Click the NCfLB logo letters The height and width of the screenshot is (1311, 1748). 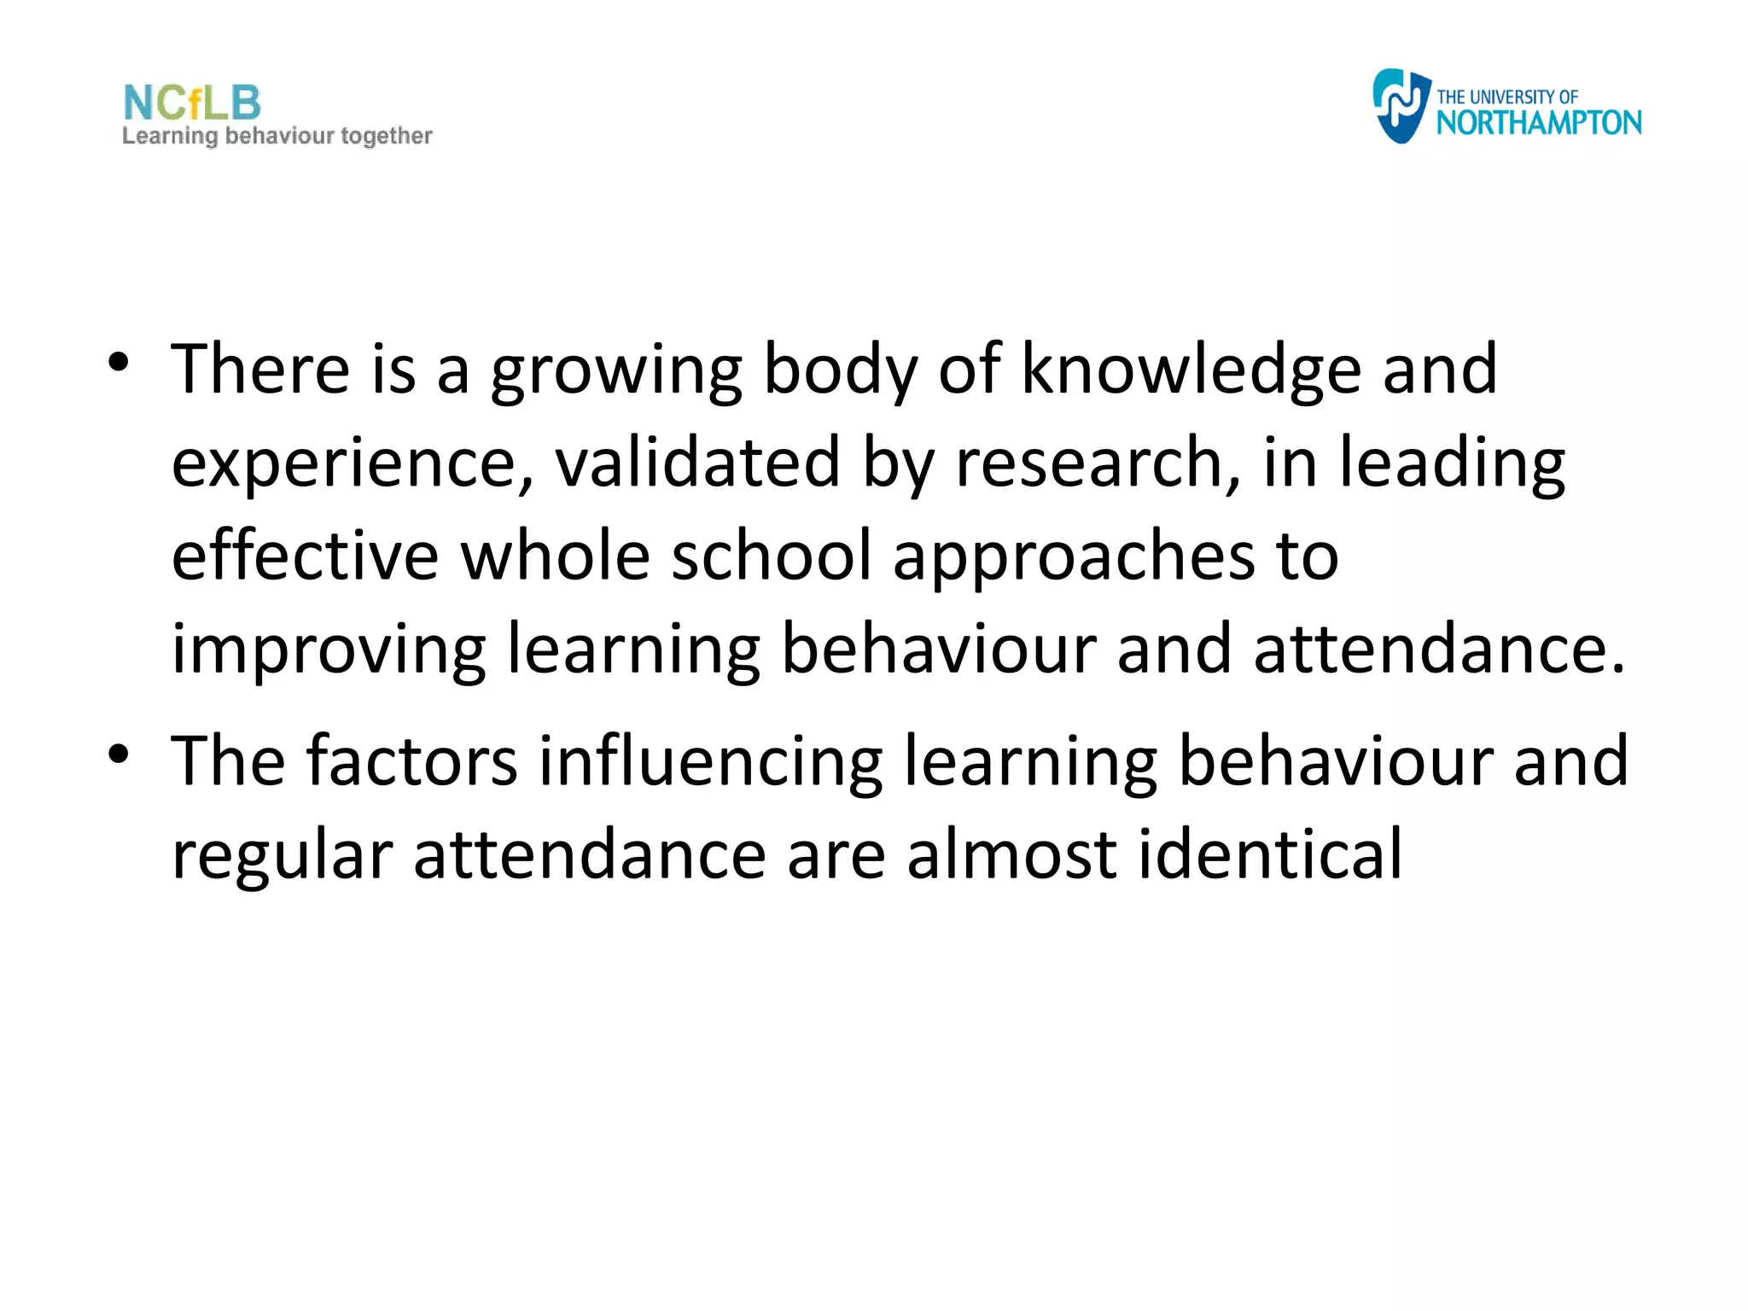192,103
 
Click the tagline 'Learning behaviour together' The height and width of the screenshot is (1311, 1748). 277,137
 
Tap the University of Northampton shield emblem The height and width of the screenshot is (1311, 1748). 1400,106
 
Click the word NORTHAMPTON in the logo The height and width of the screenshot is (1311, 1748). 1538,124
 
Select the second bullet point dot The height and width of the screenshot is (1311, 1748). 119,754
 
